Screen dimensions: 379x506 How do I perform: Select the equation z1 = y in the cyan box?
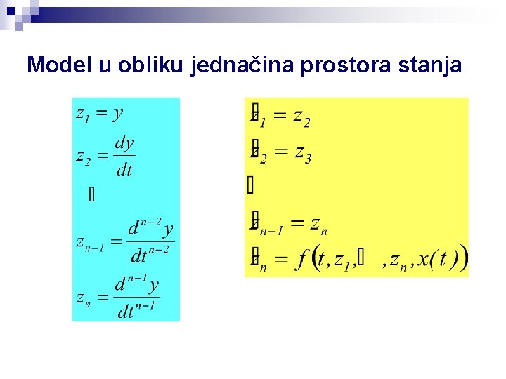[x=100, y=113]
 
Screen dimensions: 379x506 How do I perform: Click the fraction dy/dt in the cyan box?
[x=124, y=157]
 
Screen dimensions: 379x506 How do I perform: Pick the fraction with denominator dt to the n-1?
[x=137, y=298]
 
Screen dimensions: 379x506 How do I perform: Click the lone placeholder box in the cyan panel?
[x=91, y=195]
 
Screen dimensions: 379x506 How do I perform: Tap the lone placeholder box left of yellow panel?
[x=250, y=185]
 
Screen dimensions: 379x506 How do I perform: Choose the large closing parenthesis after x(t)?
[x=463, y=260]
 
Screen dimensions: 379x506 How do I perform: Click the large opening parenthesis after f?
[x=315, y=260]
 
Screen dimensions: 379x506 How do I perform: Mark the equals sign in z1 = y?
[x=102, y=114]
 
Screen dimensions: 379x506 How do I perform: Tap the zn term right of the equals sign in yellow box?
[x=319, y=225]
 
